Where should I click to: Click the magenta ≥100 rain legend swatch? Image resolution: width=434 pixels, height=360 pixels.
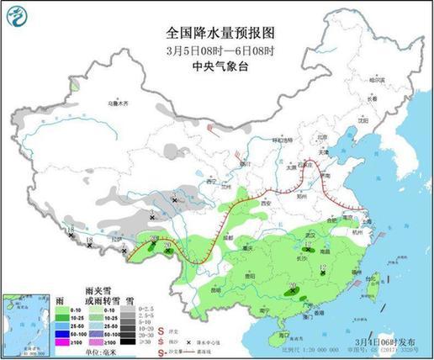click(x=61, y=344)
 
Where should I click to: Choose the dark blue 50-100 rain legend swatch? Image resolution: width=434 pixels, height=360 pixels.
click(x=61, y=336)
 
